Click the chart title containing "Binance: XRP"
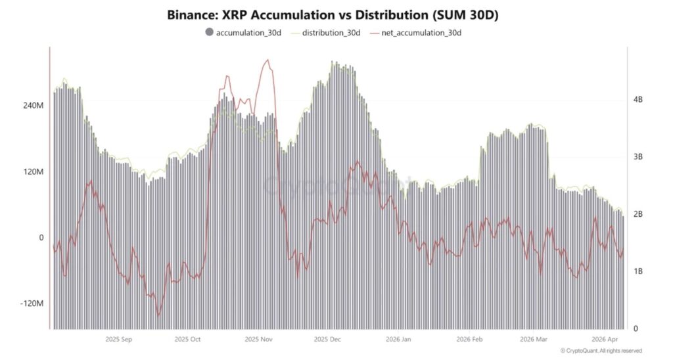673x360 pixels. pyautogui.click(x=336, y=14)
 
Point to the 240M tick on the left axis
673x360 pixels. pyautogui.click(x=33, y=105)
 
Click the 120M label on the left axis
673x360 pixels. pyautogui.click(x=33, y=171)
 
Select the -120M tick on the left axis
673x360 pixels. pyautogui.click(x=32, y=304)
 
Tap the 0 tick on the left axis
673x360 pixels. pyautogui.click(x=40, y=238)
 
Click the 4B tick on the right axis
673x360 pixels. pyautogui.click(x=638, y=99)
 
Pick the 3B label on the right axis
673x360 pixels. pyautogui.click(x=638, y=157)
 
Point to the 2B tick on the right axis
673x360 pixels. pyautogui.click(x=638, y=214)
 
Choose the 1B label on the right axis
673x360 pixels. pyautogui.click(x=638, y=271)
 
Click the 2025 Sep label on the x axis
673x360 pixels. pyautogui.click(x=119, y=340)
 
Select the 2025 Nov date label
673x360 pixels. pyautogui.click(x=258, y=340)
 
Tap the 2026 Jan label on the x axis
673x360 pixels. pyautogui.click(x=398, y=340)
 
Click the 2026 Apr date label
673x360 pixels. pyautogui.click(x=605, y=340)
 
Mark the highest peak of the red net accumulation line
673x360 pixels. pyautogui.click(x=267, y=60)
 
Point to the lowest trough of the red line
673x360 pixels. pyautogui.click(x=158, y=316)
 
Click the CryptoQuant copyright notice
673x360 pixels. pyautogui.click(x=601, y=351)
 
